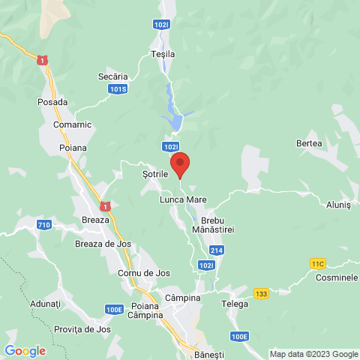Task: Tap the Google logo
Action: pyautogui.click(x=25, y=350)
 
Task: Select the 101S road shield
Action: pyautogui.click(x=117, y=90)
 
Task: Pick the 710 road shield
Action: pyautogui.click(x=43, y=225)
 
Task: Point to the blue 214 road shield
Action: pyautogui.click(x=216, y=250)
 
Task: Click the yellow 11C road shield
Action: pyautogui.click(x=318, y=263)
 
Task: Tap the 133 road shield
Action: pyautogui.click(x=261, y=293)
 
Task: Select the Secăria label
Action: pyautogui.click(x=113, y=76)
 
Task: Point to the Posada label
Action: pyautogui.click(x=52, y=101)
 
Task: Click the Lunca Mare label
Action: pyautogui.click(x=182, y=201)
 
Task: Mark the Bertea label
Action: pyautogui.click(x=308, y=142)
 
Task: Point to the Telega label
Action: pyautogui.click(x=234, y=304)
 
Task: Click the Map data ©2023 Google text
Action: pyautogui.click(x=313, y=354)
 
